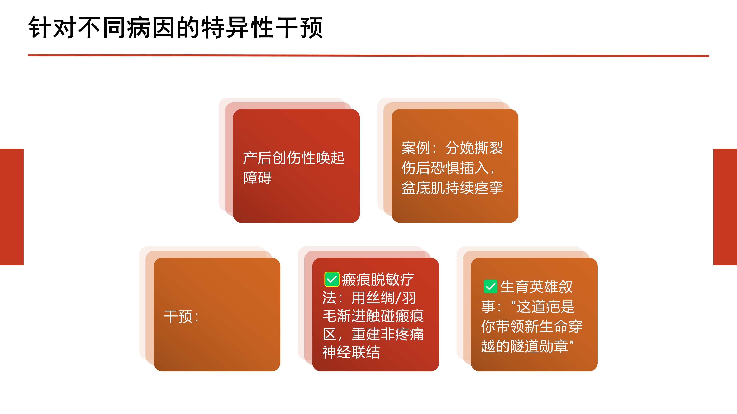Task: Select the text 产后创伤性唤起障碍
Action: tap(293, 168)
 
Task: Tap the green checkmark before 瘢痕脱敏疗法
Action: tap(332, 279)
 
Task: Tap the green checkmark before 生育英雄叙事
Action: tap(490, 287)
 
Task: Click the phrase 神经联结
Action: tap(351, 352)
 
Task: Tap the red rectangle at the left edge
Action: tap(12, 207)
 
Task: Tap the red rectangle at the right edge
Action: tap(725, 207)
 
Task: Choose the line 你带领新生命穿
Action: tap(532, 326)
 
